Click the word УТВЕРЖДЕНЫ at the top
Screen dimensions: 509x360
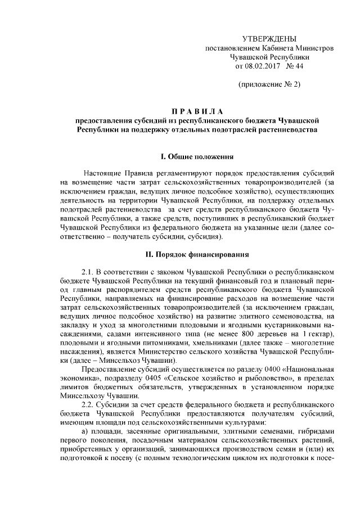[268, 38]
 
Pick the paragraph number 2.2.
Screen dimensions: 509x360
[90, 404]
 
